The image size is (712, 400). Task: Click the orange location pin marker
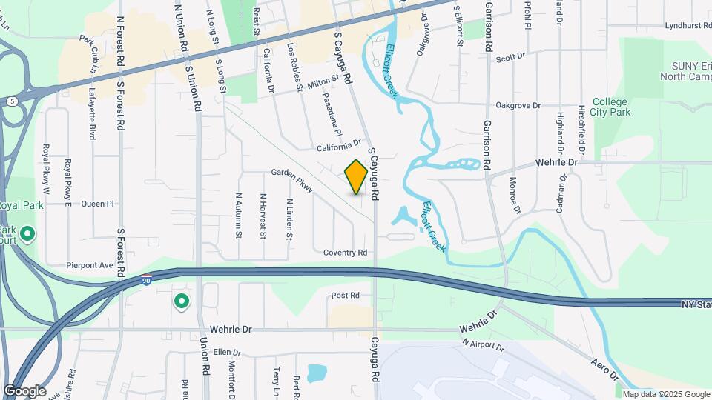[x=357, y=177]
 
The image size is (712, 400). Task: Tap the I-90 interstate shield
[x=147, y=281]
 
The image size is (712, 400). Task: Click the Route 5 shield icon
[x=13, y=100]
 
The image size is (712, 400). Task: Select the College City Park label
[x=611, y=107]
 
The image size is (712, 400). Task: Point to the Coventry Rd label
[x=345, y=253]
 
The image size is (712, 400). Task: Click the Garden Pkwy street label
[x=292, y=180]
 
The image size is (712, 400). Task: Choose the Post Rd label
[x=345, y=296]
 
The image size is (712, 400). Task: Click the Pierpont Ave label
[x=89, y=264]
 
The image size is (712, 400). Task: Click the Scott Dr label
[x=510, y=56]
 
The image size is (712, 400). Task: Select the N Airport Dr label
[x=482, y=344]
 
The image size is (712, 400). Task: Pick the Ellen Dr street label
[x=228, y=353]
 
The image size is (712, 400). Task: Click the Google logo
[x=24, y=391]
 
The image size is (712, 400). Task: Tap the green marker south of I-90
[x=181, y=301]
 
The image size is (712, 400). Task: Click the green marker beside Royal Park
[x=28, y=236]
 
